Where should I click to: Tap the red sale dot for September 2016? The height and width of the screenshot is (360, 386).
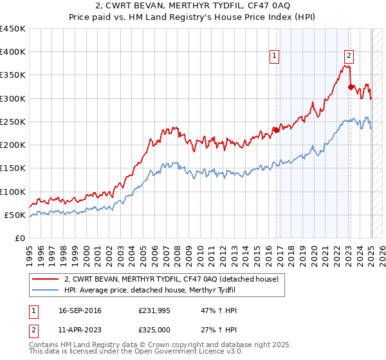[x=276, y=130]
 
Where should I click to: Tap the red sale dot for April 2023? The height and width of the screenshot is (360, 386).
[x=351, y=87]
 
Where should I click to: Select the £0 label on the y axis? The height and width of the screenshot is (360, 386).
[x=21, y=238]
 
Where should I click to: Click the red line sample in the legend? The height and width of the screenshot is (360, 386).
[x=45, y=279]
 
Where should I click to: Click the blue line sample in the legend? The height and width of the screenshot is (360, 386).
[x=45, y=291]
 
